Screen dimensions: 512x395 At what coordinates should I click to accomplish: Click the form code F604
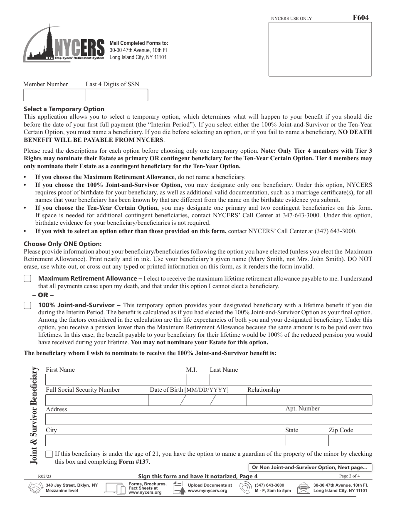360,17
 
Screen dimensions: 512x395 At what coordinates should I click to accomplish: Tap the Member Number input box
54,95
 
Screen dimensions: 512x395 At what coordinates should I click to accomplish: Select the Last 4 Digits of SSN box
116,95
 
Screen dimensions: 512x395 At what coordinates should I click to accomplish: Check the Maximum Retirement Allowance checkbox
27,278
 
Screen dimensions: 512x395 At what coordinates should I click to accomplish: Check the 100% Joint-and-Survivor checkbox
27,305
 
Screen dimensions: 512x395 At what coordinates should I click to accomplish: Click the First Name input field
115,380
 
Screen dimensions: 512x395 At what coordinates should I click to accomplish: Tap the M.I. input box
197,380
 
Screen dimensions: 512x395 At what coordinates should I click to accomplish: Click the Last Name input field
290,380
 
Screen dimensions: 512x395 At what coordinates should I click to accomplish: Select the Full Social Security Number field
96,400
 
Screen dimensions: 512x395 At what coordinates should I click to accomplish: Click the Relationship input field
309,400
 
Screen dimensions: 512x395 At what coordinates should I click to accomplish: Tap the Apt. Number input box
328,419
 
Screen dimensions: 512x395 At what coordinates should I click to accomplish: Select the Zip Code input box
350,440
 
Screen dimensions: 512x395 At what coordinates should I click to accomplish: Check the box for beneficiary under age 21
49,454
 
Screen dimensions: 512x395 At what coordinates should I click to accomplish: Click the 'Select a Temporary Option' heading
64,109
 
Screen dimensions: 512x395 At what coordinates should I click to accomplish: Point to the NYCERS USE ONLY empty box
318,49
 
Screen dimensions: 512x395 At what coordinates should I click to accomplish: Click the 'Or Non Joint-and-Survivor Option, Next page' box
310,467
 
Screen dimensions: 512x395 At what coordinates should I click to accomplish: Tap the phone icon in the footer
246,488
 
